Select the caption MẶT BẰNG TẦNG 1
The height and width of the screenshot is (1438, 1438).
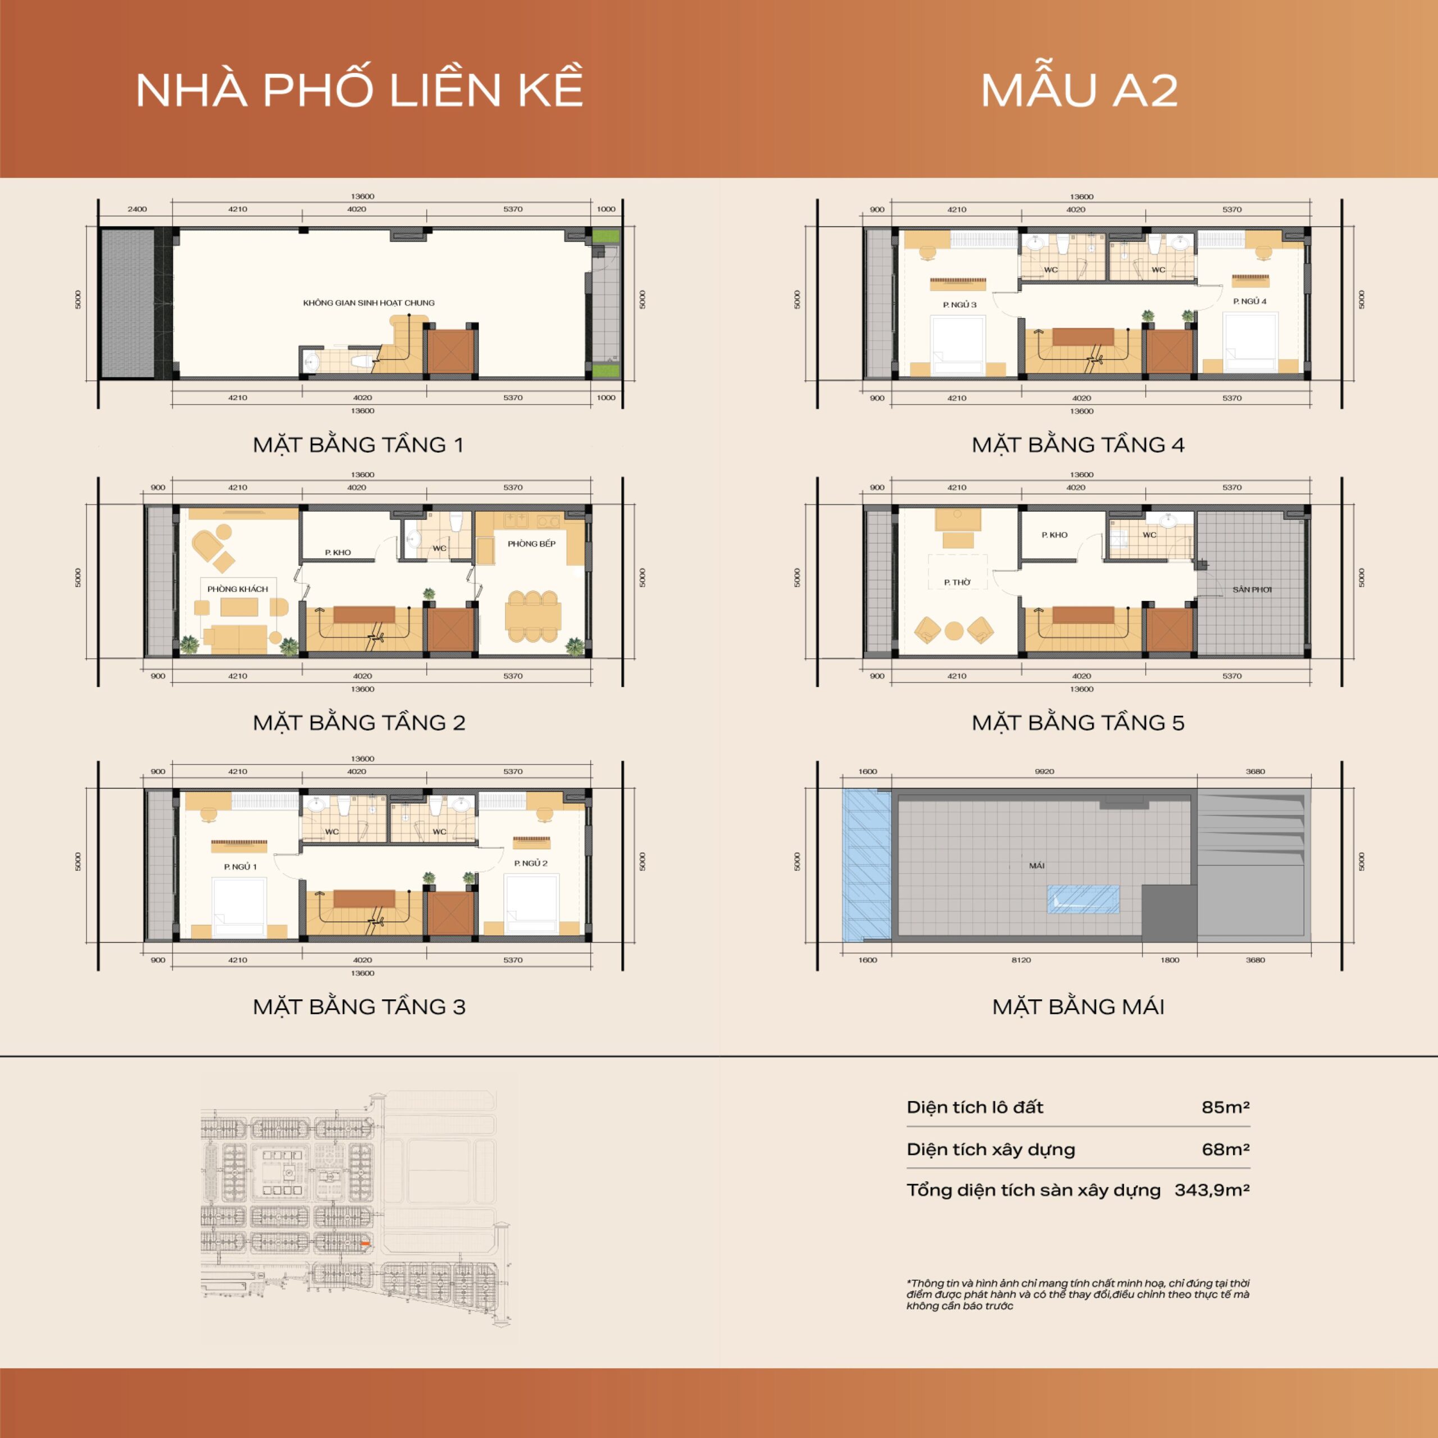[358, 445]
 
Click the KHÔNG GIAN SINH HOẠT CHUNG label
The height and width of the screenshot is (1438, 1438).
[368, 303]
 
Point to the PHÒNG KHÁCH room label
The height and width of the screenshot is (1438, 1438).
[238, 589]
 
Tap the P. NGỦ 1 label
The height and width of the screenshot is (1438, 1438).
[240, 866]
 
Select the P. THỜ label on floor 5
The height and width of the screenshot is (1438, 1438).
[957, 582]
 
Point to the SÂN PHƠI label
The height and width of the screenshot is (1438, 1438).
[1252, 589]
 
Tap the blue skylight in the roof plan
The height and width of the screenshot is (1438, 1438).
[1083, 899]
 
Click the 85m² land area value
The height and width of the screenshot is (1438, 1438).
[1225, 1107]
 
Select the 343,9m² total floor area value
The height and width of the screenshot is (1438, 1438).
[1212, 1189]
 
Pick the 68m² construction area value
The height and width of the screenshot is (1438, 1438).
[1225, 1149]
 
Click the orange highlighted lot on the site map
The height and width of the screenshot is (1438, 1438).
[365, 1244]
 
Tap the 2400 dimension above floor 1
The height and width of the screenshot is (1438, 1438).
[137, 209]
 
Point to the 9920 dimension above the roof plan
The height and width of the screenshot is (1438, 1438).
[1044, 771]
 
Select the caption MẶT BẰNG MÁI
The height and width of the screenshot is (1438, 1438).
[1078, 1007]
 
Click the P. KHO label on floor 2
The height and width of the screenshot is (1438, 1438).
[338, 552]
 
